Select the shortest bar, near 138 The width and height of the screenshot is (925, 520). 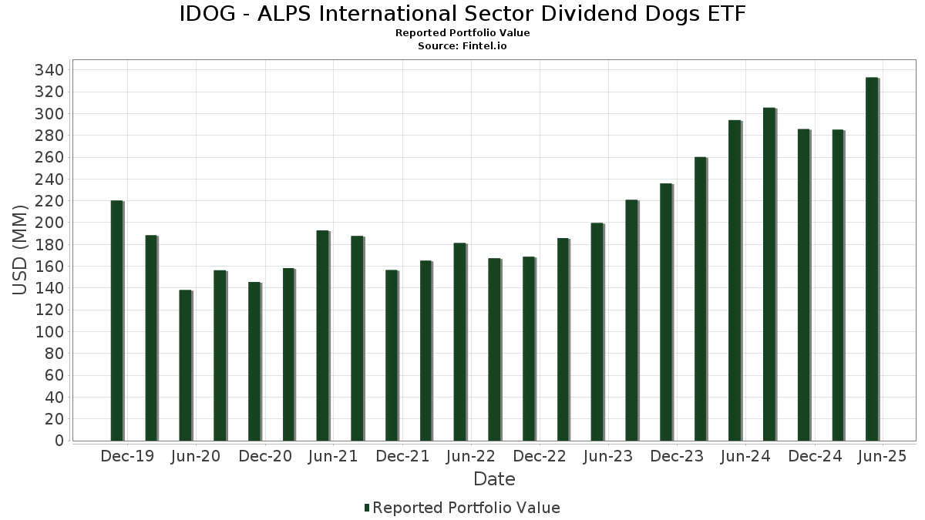(185, 365)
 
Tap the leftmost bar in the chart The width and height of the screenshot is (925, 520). (116, 320)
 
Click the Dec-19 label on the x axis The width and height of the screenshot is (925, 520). (127, 456)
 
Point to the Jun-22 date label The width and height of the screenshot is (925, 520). (471, 456)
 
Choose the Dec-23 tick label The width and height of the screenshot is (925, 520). (677, 456)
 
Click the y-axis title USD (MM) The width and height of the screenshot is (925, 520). (21, 250)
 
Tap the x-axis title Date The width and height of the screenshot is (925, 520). (494, 479)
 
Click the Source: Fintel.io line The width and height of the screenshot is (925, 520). (462, 46)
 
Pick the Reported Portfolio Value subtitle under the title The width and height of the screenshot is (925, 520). (462, 33)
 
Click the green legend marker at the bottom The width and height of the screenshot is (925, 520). (367, 508)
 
